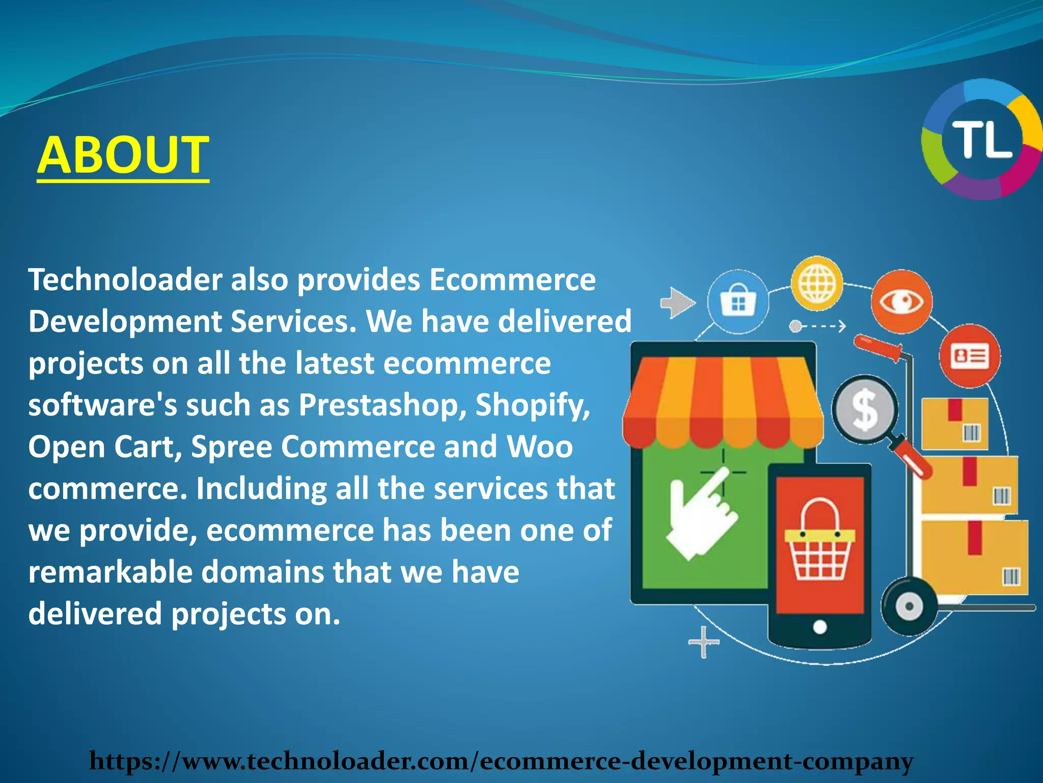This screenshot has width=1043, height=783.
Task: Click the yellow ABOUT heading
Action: (123, 154)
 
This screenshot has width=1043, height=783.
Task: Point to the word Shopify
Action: (533, 406)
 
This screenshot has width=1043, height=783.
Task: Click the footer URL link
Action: (501, 761)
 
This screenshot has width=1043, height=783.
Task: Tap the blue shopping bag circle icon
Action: (738, 302)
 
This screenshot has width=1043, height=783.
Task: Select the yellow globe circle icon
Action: (817, 283)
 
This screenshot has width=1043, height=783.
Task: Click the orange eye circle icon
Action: (901, 302)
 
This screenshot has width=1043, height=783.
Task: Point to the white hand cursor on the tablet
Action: (700, 515)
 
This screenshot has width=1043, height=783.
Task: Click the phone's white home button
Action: (819, 627)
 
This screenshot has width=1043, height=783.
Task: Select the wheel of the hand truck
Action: (909, 607)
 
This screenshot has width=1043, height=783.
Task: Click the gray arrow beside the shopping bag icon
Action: (677, 303)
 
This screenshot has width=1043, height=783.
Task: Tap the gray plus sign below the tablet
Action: (704, 642)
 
